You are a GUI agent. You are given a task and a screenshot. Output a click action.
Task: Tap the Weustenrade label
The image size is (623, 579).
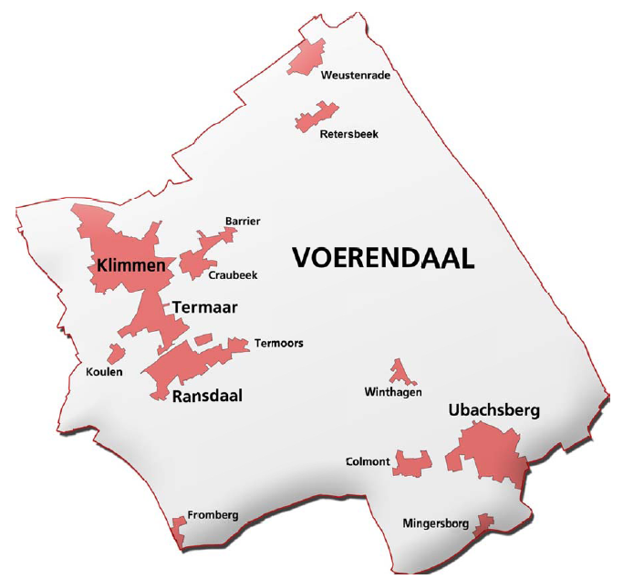pos(356,75)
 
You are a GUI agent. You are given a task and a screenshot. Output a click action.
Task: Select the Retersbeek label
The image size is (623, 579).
pos(348,134)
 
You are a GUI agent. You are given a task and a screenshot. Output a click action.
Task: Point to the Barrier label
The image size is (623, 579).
pos(243,221)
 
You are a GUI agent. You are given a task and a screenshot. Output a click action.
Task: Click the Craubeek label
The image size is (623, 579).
pos(233,274)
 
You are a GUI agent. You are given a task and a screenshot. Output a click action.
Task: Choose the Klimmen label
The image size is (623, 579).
pos(130,266)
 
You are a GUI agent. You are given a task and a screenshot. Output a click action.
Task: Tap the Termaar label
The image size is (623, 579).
pos(205,308)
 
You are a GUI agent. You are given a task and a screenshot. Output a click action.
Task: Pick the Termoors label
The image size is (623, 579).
pos(279,344)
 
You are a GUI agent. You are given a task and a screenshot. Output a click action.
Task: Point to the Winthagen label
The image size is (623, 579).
pos(393,392)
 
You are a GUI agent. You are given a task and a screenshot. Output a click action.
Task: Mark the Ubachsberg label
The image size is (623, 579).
pos(494,410)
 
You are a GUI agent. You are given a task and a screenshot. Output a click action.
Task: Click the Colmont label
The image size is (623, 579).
pos(368,461)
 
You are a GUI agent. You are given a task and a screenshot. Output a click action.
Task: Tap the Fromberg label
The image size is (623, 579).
pos(213,515)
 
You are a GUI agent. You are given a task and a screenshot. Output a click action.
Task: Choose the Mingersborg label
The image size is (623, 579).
pos(435,523)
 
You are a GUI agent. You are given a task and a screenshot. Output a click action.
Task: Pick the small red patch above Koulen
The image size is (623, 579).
pos(115,354)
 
